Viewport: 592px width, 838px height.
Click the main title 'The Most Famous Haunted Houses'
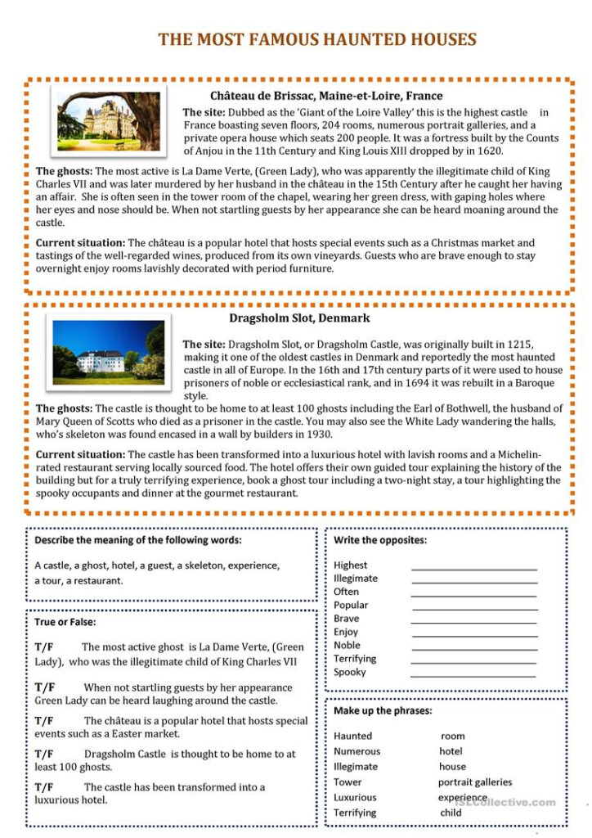pyautogui.click(x=317, y=39)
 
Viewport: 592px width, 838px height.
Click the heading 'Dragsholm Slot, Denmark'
pyautogui.click(x=299, y=318)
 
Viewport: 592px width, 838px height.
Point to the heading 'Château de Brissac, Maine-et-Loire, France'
pyautogui.click(x=326, y=96)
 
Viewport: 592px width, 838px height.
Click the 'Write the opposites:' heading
pyautogui.click(x=380, y=540)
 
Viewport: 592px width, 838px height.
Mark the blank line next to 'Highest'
pyautogui.click(x=474, y=568)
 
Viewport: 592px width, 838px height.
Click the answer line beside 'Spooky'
pyautogui.click(x=473, y=675)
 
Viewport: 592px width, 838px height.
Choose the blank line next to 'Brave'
pyautogui.click(x=473, y=622)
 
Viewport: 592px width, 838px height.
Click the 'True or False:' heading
pyautogui.click(x=65, y=622)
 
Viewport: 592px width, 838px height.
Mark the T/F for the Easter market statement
pyautogui.click(x=45, y=721)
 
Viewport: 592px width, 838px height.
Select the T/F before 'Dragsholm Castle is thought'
pyautogui.click(x=45, y=754)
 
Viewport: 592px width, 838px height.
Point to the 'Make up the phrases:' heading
pyautogui.click(x=383, y=710)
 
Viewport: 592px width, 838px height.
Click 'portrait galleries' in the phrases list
pyautogui.click(x=475, y=782)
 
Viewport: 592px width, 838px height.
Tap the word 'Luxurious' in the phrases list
pyautogui.click(x=355, y=797)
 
